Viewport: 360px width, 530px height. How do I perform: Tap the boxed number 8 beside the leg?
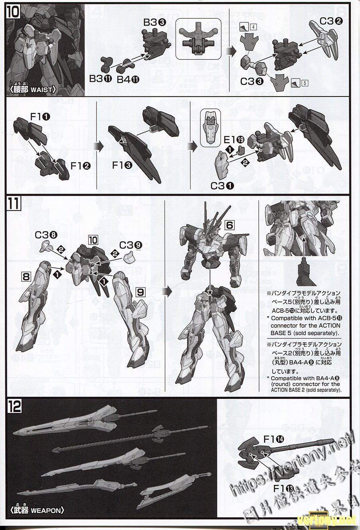(x=26, y=276)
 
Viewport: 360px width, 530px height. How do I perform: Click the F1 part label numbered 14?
(x=273, y=440)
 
